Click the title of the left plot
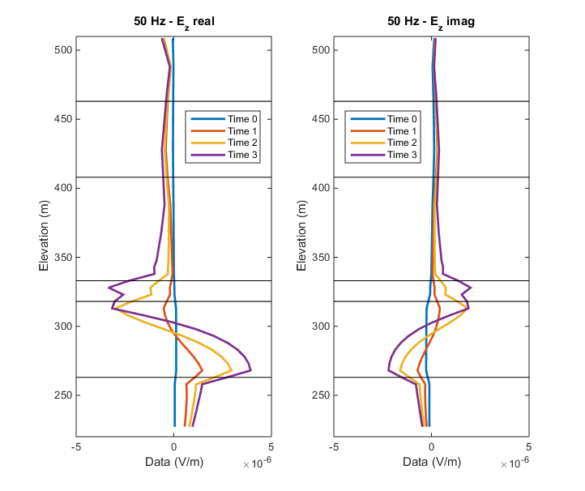[x=173, y=21]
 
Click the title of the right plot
[x=431, y=21]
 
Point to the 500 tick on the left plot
[x=64, y=50]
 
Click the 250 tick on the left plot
[x=64, y=395]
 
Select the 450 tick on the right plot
[x=322, y=119]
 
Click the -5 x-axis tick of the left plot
[x=77, y=446]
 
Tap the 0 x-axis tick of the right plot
[x=432, y=446]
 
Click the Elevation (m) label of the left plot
[x=45, y=235]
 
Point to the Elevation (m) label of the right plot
[x=303, y=235]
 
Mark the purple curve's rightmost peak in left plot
[x=251, y=370]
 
